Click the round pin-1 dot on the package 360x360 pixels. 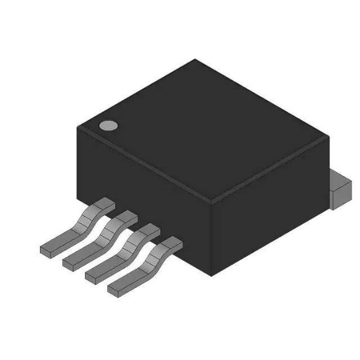tap(107, 125)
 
